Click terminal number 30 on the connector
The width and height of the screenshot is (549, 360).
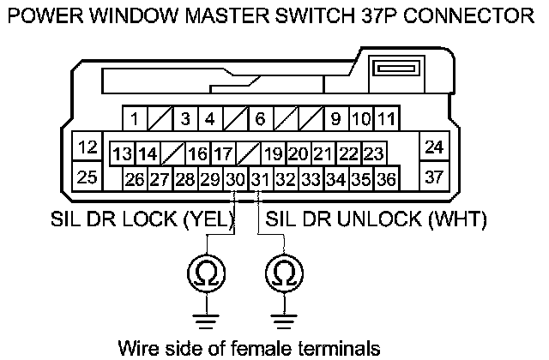(x=235, y=179)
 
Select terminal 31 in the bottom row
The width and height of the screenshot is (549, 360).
(x=260, y=179)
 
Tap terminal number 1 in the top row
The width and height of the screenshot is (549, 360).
(x=135, y=117)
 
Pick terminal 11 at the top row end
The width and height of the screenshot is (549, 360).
(x=386, y=117)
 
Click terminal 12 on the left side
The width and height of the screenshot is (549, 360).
(x=86, y=147)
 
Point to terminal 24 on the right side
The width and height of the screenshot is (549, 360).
(x=434, y=147)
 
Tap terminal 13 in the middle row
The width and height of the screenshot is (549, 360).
(x=122, y=154)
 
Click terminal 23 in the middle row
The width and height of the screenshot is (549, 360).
(x=372, y=154)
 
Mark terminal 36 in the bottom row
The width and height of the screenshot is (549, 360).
(x=386, y=179)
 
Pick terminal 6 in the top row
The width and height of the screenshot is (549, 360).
(x=260, y=117)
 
